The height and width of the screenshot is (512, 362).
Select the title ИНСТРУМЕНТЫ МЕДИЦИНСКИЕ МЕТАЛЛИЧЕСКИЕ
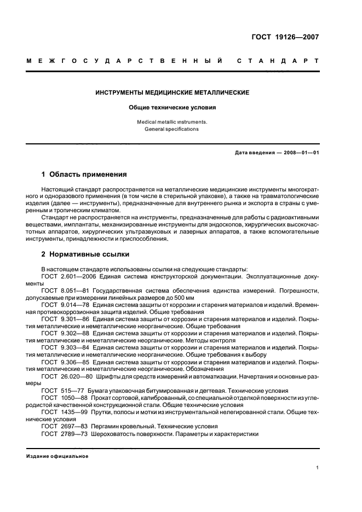click(x=172, y=93)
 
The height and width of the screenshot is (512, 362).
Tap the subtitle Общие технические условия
click(x=172, y=108)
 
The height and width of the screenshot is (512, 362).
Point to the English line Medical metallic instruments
click(x=172, y=123)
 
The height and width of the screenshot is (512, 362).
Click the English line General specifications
click(x=172, y=130)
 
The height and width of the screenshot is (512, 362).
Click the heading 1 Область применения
click(x=84, y=175)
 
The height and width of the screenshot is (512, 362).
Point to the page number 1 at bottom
click(x=317, y=468)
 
